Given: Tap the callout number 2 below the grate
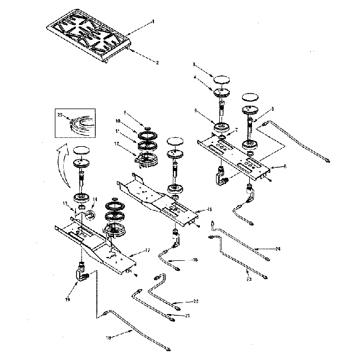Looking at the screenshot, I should coord(157,63).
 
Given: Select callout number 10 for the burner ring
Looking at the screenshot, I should coord(118,121).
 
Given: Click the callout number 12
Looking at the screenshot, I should coord(117,143).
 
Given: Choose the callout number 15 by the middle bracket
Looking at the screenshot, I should coord(209,209).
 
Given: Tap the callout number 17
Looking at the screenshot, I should coord(147,250).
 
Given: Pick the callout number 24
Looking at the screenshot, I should coord(278,249).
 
